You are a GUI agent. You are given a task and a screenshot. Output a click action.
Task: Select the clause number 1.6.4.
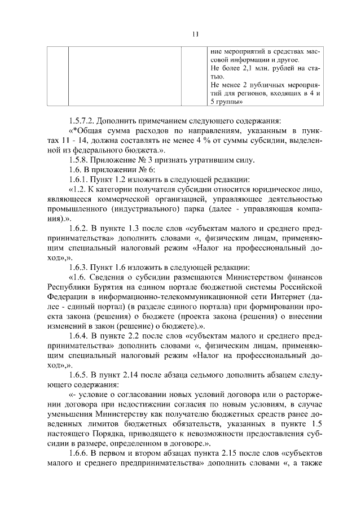click(80, 338)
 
